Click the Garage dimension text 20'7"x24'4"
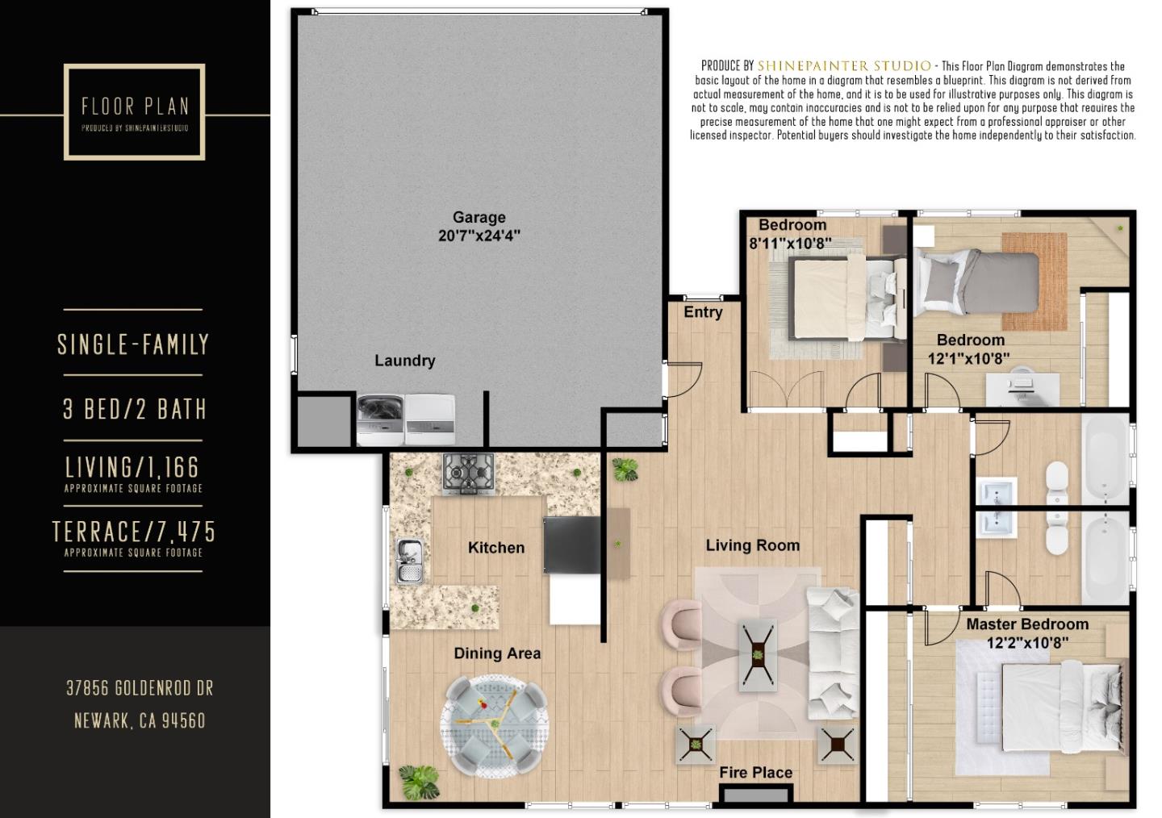pos(479,236)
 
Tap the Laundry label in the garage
pos(404,361)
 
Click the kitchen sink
pos(410,561)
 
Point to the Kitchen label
pos(495,548)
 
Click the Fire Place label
pos(755,773)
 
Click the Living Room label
pos(752,546)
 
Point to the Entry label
pos(703,312)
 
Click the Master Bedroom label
pos(1026,624)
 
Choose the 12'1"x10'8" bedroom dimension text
pos(968,358)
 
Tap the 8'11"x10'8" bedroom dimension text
pos(790,243)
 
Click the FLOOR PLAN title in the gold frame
pos(135,106)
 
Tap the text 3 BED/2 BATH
pos(135,409)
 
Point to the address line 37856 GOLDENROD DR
pos(140,688)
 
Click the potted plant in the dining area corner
pos(420,780)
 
